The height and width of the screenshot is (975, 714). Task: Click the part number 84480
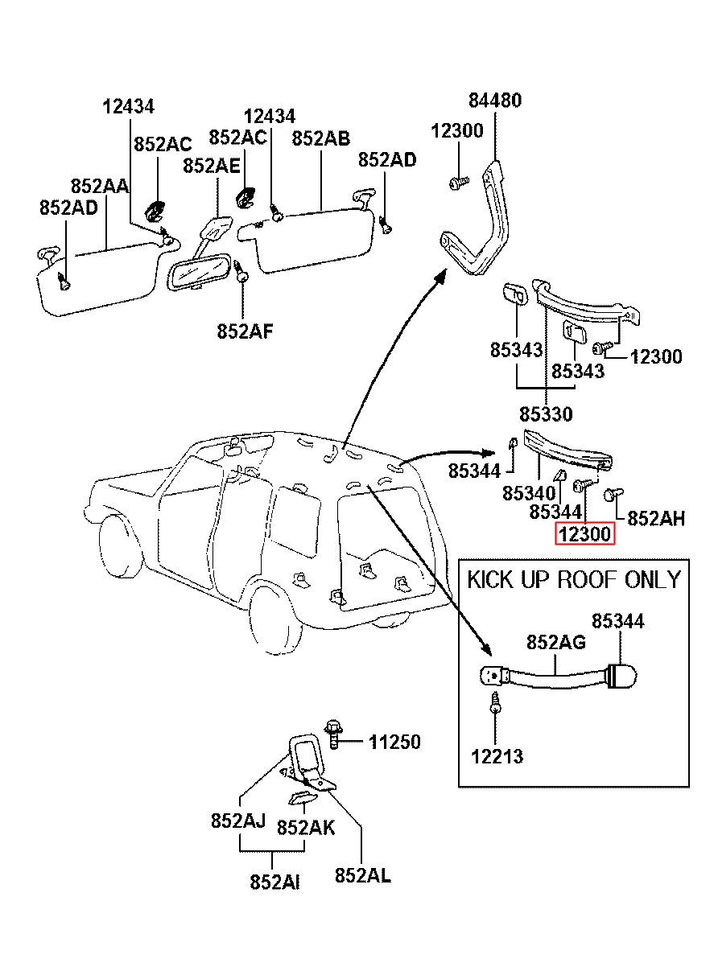(494, 100)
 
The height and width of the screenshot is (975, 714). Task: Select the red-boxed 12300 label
(584, 533)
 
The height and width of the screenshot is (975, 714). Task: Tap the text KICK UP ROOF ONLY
(573, 580)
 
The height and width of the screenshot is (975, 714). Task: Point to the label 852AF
(245, 331)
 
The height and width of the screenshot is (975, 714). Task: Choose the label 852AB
(320, 138)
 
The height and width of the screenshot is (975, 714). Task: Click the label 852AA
(100, 186)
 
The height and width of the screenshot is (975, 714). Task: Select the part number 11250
(394, 742)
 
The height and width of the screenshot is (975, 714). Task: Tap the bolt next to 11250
(333, 734)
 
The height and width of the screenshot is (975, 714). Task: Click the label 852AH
(655, 518)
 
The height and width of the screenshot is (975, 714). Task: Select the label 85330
(546, 414)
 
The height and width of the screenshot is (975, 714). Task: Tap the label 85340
(529, 493)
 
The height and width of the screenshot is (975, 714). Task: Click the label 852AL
(362, 875)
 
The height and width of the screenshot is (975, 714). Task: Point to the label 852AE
(211, 166)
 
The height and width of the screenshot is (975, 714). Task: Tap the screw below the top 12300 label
(459, 182)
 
